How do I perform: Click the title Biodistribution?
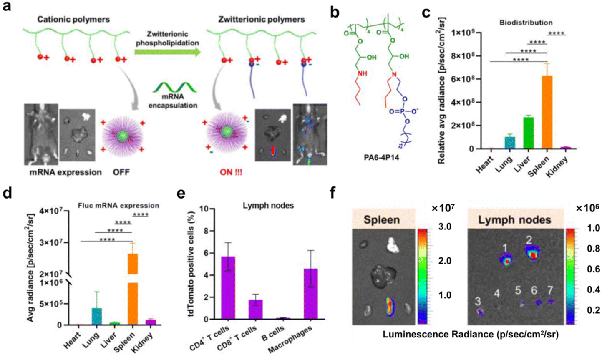pyautogui.click(x=526, y=23)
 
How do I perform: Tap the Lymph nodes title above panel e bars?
pyautogui.click(x=268, y=205)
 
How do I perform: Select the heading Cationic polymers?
pyautogui.click(x=73, y=19)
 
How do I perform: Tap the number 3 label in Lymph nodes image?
pyautogui.click(x=478, y=301)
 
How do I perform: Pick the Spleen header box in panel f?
pyautogui.click(x=381, y=220)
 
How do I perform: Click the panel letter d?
pyautogui.click(x=7, y=195)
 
